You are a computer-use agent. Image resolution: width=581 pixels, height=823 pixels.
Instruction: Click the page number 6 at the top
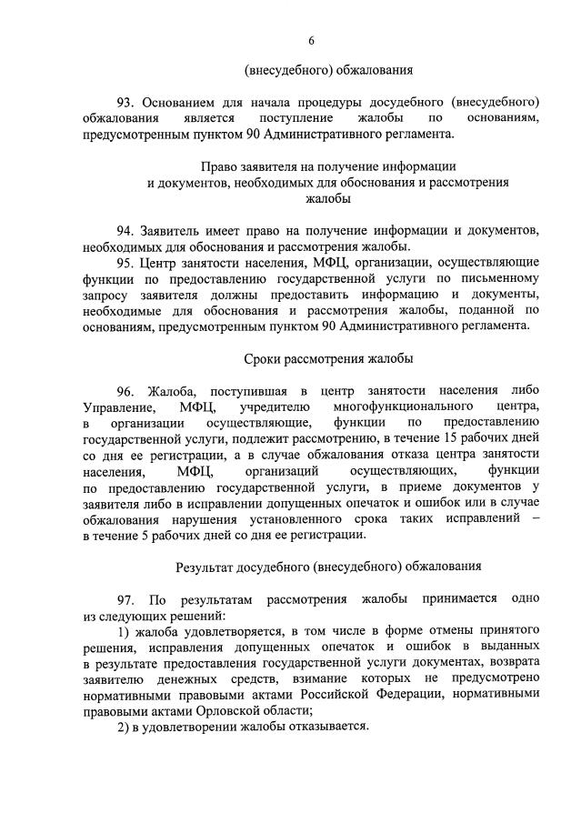coord(311,40)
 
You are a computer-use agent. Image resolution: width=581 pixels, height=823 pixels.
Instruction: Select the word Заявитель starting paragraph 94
coord(177,227)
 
